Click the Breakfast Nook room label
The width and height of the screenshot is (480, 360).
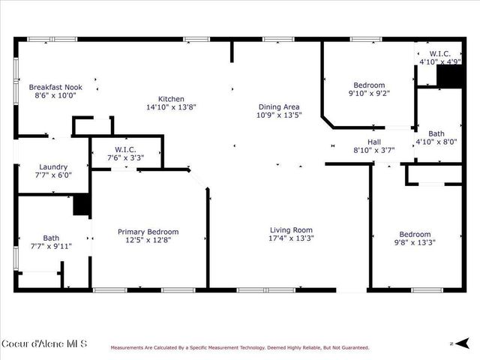click(55, 87)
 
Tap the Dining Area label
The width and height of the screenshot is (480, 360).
click(279, 107)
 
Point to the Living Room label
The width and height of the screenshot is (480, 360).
click(292, 230)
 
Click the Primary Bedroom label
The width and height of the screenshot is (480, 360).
click(148, 232)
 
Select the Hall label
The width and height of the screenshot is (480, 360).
click(373, 142)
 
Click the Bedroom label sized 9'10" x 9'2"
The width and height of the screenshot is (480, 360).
click(369, 85)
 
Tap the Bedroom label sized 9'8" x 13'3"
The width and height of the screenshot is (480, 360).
click(415, 234)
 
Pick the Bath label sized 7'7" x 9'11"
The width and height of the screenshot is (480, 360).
click(51, 237)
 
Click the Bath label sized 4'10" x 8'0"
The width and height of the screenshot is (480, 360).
click(436, 133)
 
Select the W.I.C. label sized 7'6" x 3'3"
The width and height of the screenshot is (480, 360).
click(125, 149)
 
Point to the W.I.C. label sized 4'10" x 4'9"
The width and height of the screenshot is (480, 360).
click(434, 53)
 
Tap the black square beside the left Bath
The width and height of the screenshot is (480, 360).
click(82, 205)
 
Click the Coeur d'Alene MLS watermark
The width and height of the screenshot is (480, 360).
click(44, 344)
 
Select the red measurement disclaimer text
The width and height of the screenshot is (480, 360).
click(240, 347)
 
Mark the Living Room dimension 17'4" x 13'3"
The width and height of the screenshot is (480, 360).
click(292, 238)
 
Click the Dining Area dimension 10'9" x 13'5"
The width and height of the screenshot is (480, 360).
click(279, 115)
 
